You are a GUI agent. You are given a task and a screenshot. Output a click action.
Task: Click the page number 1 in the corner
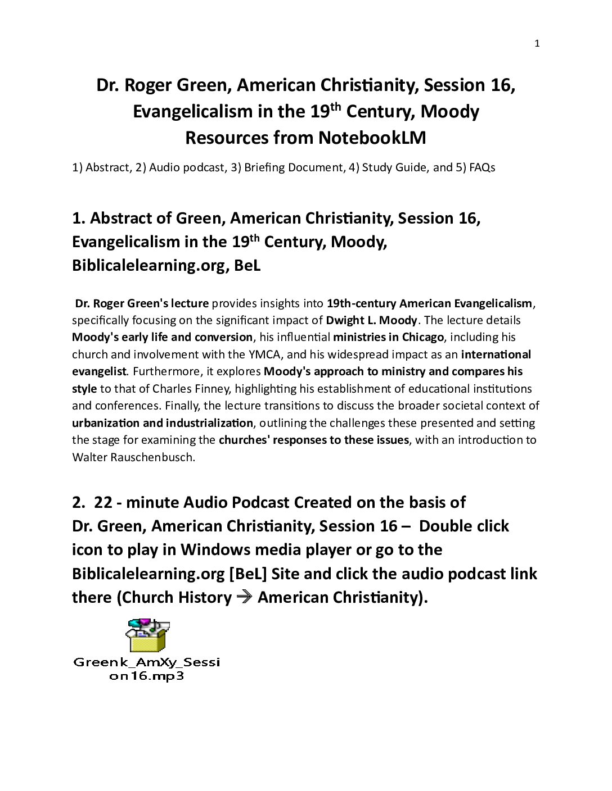click(537, 44)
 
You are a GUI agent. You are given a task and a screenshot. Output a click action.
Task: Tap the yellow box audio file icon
click(147, 635)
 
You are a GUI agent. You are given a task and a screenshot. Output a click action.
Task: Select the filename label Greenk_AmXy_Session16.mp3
click(146, 669)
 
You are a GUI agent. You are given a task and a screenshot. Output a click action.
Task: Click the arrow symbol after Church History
click(244, 597)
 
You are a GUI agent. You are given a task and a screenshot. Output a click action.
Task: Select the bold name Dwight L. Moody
click(371, 320)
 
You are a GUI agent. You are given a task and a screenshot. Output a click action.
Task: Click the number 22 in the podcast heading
click(103, 502)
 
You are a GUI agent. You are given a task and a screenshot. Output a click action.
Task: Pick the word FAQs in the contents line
click(481, 167)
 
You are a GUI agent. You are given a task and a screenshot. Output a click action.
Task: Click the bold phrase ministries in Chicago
click(388, 337)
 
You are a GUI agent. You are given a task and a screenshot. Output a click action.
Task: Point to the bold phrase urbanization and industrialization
click(163, 423)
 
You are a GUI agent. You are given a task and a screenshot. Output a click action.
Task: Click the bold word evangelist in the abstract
click(99, 371)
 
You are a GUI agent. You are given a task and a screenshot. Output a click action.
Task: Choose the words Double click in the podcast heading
click(463, 526)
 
